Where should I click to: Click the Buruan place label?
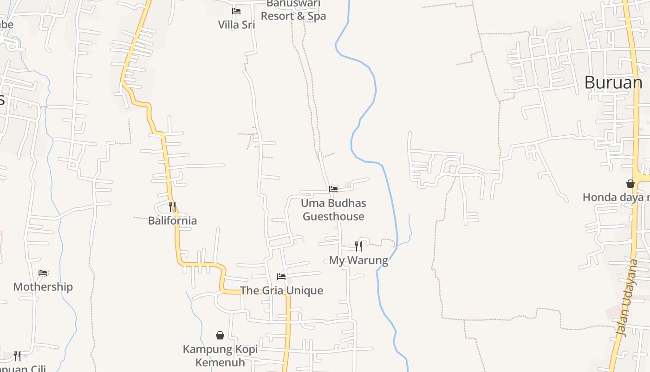pyautogui.click(x=613, y=82)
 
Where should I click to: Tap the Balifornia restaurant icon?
pyautogui.click(x=172, y=206)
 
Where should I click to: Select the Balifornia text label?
pyautogui.click(x=172, y=220)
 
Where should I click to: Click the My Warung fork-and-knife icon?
pyautogui.click(x=358, y=246)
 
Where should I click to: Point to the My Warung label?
pyautogui.click(x=358, y=260)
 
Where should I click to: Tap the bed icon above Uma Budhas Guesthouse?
pyautogui.click(x=333, y=189)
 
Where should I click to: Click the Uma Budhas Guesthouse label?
pyautogui.click(x=333, y=210)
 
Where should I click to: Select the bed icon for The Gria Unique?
pyautogui.click(x=281, y=277)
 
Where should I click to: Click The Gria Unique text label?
pyautogui.click(x=281, y=291)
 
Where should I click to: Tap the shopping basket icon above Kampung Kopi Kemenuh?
pyautogui.click(x=220, y=335)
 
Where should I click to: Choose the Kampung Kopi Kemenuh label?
pyautogui.click(x=220, y=355)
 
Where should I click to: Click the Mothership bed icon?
pyautogui.click(x=43, y=273)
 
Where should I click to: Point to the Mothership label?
pyautogui.click(x=43, y=287)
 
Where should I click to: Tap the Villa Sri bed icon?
pyautogui.click(x=236, y=11)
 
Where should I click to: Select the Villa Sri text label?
pyautogui.click(x=236, y=25)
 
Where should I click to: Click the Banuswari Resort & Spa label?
pyautogui.click(x=293, y=10)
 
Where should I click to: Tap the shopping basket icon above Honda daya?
pyautogui.click(x=630, y=184)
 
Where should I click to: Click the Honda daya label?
pyautogui.click(x=616, y=198)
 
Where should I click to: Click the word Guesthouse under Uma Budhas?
pyautogui.click(x=333, y=217)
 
